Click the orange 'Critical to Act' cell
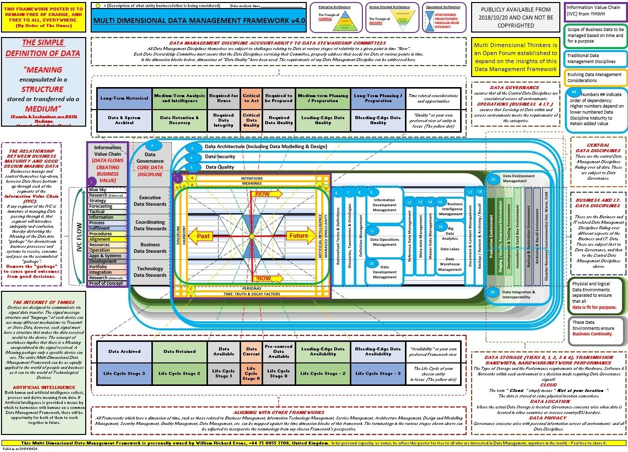[x=251, y=98]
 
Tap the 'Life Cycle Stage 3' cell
[x=124, y=373]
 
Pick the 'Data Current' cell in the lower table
[x=251, y=351]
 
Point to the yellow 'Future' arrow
[x=299, y=236]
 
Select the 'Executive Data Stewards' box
[x=150, y=201]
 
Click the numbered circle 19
[x=493, y=179]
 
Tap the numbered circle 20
[x=493, y=292]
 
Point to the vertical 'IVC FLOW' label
[x=79, y=236]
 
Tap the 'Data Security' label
[x=220, y=157]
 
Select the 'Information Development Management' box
[x=384, y=205]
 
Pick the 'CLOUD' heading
[x=548, y=385]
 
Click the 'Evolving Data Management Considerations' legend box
[x=595, y=77]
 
